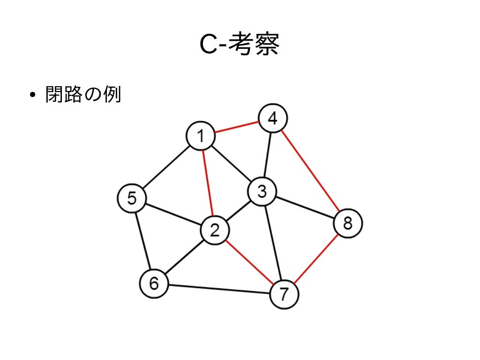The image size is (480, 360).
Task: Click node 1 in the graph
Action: pos(201,137)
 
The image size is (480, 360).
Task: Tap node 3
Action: pos(262,191)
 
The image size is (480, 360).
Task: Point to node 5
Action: pos(132,199)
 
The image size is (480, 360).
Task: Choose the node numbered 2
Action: pos(215,231)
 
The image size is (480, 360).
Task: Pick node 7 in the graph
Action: pos(284,294)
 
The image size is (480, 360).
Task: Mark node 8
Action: pos(348,223)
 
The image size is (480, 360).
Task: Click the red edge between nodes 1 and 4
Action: pos(237,128)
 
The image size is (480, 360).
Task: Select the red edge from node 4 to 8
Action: pos(310,171)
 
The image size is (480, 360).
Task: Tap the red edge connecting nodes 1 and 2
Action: pos(208,184)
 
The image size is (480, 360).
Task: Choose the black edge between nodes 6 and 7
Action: pos(219,289)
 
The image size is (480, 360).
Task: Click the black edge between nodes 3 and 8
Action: pos(305,207)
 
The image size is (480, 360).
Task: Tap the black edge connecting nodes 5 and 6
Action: pos(142,241)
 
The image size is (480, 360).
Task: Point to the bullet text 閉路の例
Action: pos(83,95)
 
